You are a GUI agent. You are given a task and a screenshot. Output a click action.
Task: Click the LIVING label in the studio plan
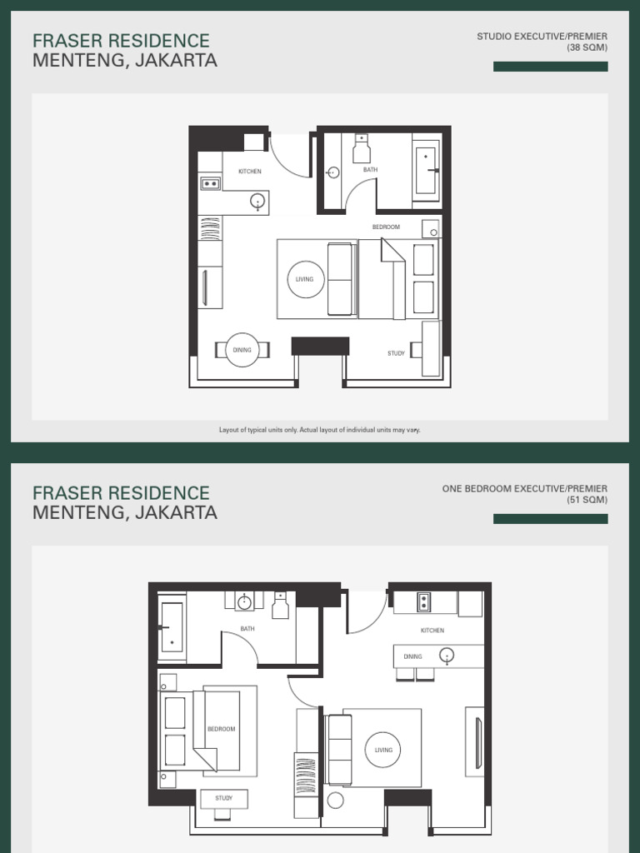coord(305,279)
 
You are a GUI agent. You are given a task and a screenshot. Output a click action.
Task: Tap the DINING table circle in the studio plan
coord(242,350)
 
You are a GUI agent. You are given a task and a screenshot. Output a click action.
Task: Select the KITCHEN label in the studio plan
coord(250,172)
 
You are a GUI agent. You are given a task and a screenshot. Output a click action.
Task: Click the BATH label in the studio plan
coord(370,170)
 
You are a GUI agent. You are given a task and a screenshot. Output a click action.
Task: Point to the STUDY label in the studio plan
coord(397,353)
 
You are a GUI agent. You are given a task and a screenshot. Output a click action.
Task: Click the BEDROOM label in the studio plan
coord(386,227)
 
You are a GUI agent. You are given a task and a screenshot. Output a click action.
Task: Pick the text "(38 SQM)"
coord(587,47)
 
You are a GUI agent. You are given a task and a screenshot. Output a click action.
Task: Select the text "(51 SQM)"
coord(587,500)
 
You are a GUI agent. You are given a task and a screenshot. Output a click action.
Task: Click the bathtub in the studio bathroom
coord(425,171)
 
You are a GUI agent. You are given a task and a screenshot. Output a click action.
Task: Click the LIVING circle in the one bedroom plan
coord(383,750)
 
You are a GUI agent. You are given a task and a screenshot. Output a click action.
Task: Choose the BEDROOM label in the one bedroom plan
coord(222,729)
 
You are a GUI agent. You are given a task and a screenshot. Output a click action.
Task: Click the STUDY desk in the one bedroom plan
coord(223,798)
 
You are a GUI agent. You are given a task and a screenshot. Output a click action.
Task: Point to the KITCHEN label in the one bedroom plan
coord(432,631)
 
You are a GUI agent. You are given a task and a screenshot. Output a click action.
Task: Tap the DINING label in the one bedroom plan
coord(412,656)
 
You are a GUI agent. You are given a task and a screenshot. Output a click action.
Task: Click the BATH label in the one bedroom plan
coord(247,629)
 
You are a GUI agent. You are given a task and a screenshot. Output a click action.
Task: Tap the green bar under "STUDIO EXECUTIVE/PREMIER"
coord(550,67)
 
